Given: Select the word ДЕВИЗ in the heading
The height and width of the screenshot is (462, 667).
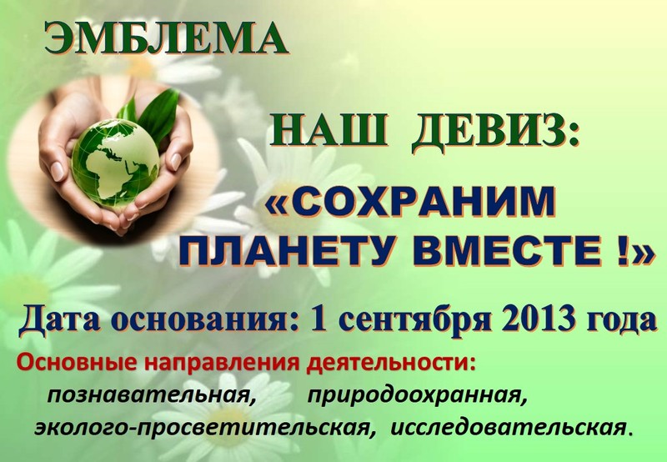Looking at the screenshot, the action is coord(495,131).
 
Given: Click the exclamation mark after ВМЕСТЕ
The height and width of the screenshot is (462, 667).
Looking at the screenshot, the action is coord(622,251).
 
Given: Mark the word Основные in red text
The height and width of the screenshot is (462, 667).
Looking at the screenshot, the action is coord(77,364).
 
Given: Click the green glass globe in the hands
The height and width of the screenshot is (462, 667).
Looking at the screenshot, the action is coord(115,163).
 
